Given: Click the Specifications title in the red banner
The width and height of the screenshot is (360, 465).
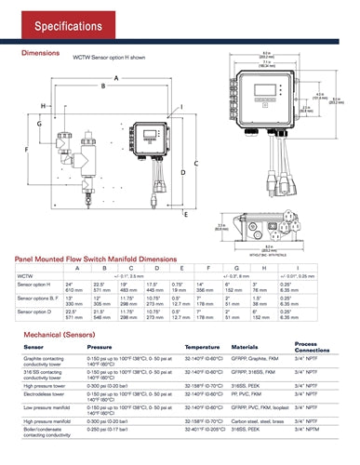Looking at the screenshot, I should (x=58, y=23).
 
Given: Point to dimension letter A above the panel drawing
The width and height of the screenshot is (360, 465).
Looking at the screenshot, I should (x=116, y=77).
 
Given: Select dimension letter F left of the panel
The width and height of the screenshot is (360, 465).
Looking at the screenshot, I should (x=25, y=149).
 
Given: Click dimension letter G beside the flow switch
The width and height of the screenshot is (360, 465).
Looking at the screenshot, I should (x=39, y=124).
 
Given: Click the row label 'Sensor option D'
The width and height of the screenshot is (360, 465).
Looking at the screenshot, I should (x=35, y=312).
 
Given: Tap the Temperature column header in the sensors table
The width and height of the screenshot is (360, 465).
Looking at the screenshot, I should (x=203, y=347).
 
